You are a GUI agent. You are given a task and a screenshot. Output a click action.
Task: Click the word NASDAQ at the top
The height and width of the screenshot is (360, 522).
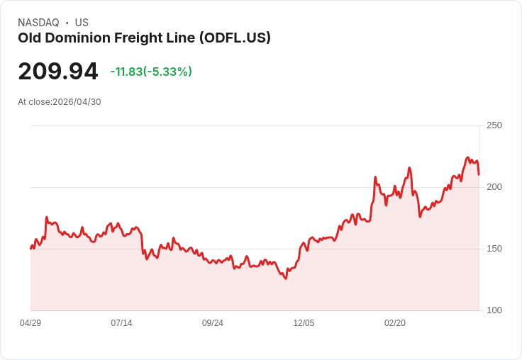(x=38, y=23)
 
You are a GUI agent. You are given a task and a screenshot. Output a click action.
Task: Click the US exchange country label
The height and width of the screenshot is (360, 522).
(x=82, y=23)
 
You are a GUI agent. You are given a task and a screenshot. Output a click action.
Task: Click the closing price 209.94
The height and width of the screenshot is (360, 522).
(x=58, y=72)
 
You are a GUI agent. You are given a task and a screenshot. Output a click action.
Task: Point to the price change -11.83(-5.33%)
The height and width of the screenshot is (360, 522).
(x=151, y=72)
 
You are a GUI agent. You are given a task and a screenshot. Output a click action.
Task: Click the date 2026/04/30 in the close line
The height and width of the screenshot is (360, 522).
(x=77, y=102)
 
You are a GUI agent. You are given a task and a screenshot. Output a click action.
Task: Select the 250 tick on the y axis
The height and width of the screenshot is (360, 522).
(x=494, y=125)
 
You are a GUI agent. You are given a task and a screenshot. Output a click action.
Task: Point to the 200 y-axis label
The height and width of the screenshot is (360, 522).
(x=494, y=187)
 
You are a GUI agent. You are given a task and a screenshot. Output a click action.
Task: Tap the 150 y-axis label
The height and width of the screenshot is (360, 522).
(x=494, y=249)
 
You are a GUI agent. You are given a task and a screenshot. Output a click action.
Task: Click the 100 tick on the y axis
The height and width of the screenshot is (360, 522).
(x=494, y=310)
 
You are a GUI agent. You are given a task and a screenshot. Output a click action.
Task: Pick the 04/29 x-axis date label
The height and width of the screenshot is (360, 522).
(x=30, y=323)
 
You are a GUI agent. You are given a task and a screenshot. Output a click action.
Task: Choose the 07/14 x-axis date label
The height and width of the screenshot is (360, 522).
(x=121, y=323)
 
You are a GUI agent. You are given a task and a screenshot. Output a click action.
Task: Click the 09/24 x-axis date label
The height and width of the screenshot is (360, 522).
(x=213, y=323)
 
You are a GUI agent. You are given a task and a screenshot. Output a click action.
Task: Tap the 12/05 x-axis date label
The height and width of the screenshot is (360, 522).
(x=304, y=323)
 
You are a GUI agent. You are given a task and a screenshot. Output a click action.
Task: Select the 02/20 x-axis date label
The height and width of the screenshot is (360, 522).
(x=395, y=323)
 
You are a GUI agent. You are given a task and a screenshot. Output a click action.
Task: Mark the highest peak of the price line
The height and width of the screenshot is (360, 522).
(x=467, y=157)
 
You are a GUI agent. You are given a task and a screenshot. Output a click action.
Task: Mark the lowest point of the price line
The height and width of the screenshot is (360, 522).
(x=286, y=279)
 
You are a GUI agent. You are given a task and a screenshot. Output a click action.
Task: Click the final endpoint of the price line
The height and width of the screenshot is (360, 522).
(x=479, y=174)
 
